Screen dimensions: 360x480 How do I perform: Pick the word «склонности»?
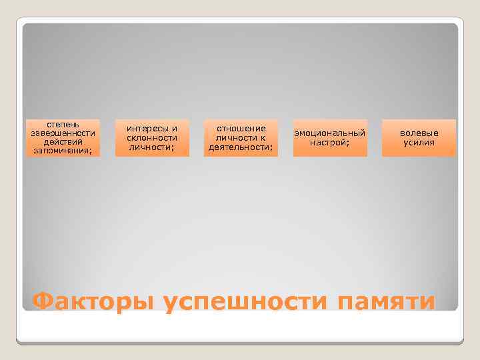pyautogui.click(x=152, y=137)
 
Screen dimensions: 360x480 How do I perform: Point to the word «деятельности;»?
pyautogui.click(x=241, y=146)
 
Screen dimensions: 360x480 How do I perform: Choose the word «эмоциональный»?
pyautogui.click(x=330, y=133)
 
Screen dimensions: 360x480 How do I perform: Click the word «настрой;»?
pyautogui.click(x=330, y=142)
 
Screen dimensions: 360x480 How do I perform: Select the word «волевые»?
pyautogui.click(x=419, y=133)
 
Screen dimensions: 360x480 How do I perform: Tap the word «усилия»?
pyautogui.click(x=419, y=142)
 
